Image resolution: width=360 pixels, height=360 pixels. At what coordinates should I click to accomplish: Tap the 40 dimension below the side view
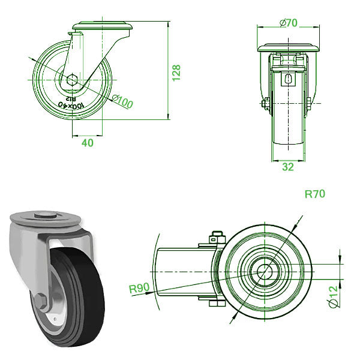point(87,144)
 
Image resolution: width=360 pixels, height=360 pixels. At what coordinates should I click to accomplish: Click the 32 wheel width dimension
point(288,167)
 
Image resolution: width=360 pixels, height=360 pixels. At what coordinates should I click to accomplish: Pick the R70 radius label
point(315,194)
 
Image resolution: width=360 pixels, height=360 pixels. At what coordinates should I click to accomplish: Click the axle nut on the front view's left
point(264,105)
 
